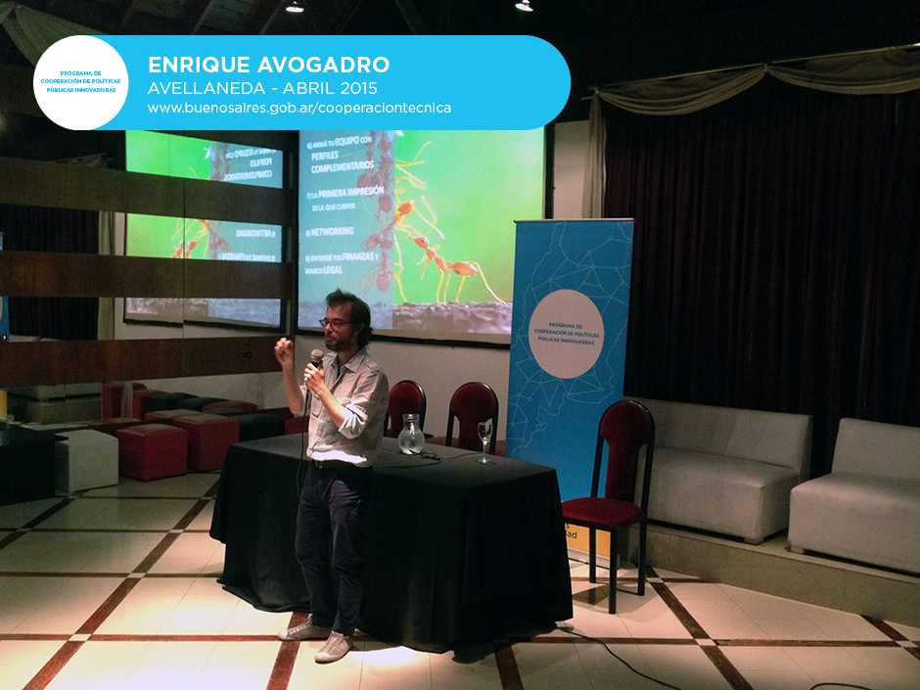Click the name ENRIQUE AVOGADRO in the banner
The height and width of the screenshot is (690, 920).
pos(268,65)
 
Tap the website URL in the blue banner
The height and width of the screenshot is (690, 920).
pos(299,108)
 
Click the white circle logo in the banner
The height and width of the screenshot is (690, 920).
pos(80,83)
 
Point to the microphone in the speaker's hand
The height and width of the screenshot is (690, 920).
pos(315,359)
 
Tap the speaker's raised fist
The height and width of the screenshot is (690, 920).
pos(285,352)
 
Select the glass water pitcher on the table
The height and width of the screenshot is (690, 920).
pos(411,435)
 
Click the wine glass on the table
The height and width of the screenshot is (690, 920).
pos(484,438)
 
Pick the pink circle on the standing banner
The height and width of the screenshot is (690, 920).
pos(566,333)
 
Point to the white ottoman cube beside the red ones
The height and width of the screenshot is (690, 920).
pos(86,460)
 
